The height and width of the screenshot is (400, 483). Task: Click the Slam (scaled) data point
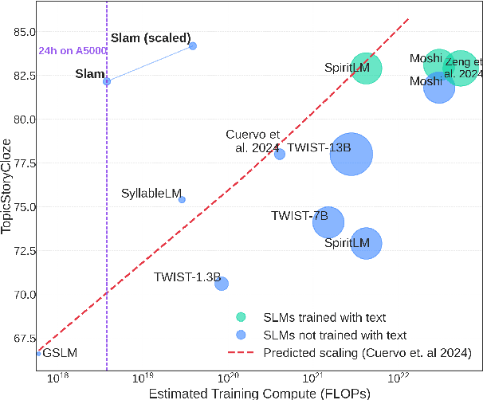click(193, 46)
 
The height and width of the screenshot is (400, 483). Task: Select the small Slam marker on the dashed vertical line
click(107, 81)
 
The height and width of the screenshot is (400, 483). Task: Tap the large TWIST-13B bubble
click(351, 155)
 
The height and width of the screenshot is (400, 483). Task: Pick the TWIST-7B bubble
click(328, 223)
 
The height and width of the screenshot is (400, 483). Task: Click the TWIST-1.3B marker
click(222, 284)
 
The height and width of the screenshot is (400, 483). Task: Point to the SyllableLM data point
click(182, 199)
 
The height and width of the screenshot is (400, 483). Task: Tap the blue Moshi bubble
click(439, 87)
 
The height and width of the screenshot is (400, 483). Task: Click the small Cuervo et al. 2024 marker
click(280, 154)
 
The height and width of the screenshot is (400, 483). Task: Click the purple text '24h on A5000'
click(73, 51)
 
